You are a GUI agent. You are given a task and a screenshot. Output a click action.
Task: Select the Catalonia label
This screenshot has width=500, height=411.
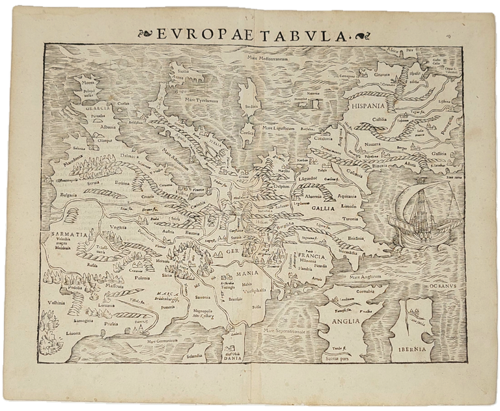(323, 138)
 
